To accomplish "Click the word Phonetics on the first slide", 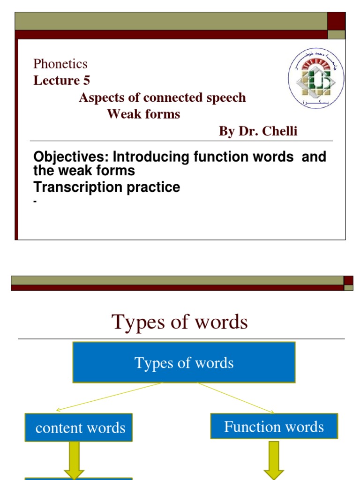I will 60,64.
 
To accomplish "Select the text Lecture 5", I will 61,81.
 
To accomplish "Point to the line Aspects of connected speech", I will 162,97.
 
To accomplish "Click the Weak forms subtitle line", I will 143,114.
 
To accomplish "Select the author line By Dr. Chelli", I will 258,131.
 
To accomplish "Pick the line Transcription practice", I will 106,187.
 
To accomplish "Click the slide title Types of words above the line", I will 180,322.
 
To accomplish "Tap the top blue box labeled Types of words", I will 184,362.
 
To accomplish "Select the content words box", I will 78,427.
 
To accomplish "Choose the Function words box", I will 274,426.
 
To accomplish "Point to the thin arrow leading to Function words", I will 237,398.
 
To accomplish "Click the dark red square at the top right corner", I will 337,21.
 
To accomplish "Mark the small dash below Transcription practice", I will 35,202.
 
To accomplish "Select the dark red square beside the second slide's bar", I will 348,280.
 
